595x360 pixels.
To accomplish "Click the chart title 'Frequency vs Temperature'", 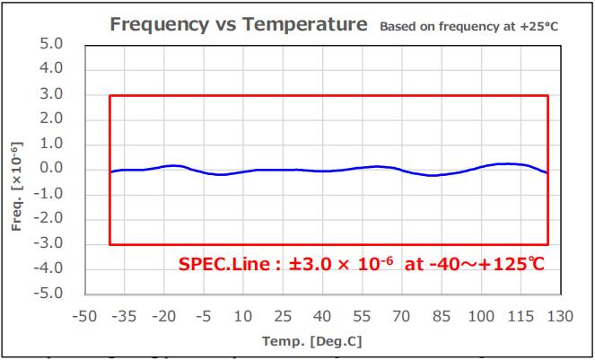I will point(238,24).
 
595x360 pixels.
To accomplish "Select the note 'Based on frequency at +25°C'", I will point(468,27).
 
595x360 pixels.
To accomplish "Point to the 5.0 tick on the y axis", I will point(52,44).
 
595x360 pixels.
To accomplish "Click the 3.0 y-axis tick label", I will point(52,94).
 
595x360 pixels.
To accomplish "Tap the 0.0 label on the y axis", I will point(52,169).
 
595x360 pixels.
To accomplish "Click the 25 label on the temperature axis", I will point(283,316).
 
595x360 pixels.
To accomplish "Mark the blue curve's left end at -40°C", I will point(110,171).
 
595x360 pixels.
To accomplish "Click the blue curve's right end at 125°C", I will point(547,172).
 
